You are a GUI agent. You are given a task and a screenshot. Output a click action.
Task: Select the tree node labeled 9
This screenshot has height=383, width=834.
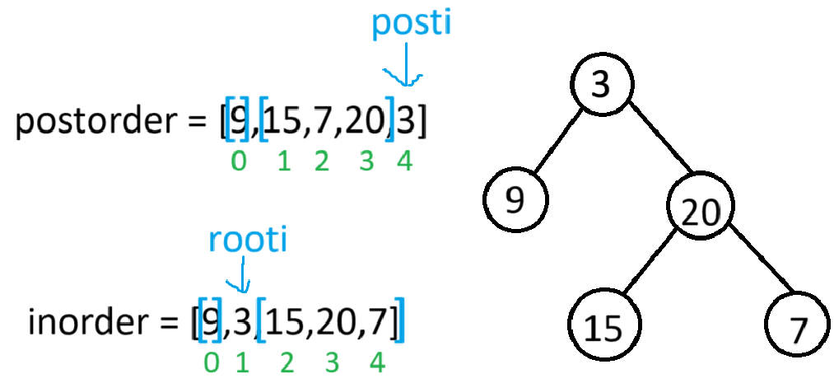(515, 201)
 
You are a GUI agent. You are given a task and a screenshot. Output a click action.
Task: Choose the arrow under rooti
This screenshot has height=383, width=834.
(242, 274)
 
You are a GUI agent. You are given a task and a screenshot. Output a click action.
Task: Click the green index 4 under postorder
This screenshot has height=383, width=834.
(404, 161)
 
